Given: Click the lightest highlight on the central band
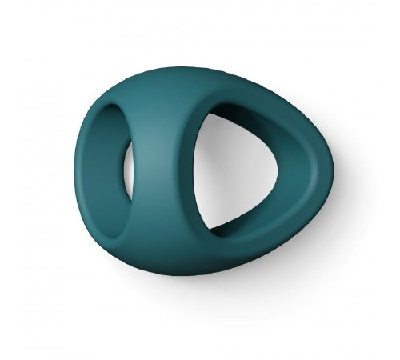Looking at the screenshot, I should click(160, 152).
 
